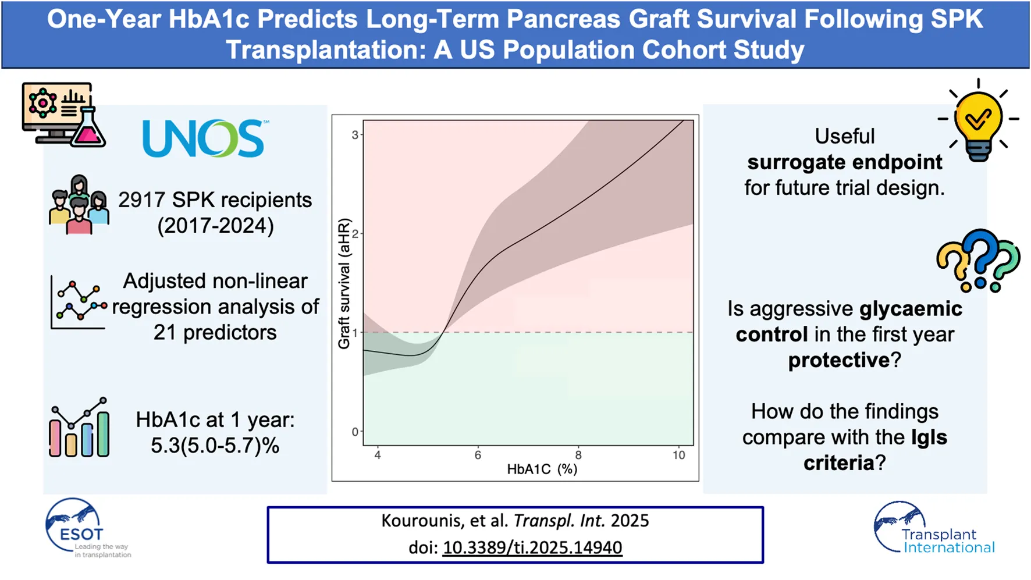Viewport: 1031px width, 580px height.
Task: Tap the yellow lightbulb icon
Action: [x=979, y=122]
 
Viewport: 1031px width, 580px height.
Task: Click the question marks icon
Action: [x=979, y=260]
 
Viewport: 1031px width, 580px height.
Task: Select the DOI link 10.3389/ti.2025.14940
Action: [x=532, y=547]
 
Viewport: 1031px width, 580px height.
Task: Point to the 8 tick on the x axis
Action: [x=578, y=455]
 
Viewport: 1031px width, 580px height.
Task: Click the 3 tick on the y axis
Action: [x=355, y=135]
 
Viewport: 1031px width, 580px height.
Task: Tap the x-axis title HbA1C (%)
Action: [x=542, y=469]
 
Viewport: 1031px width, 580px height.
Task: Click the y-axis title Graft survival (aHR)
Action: [x=344, y=283]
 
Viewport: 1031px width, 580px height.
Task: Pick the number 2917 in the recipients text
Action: [x=142, y=200]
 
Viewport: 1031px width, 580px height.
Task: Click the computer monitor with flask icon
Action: [x=63, y=115]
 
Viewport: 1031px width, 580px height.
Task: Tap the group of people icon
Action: [x=79, y=205]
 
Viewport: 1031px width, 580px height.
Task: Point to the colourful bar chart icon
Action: [x=79, y=428]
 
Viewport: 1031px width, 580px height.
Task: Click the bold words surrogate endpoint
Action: [x=844, y=162]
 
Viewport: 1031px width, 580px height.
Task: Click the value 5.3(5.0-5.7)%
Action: [x=215, y=446]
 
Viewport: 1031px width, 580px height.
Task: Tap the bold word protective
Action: [x=838, y=360]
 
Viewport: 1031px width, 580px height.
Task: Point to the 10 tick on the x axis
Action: [x=678, y=455]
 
